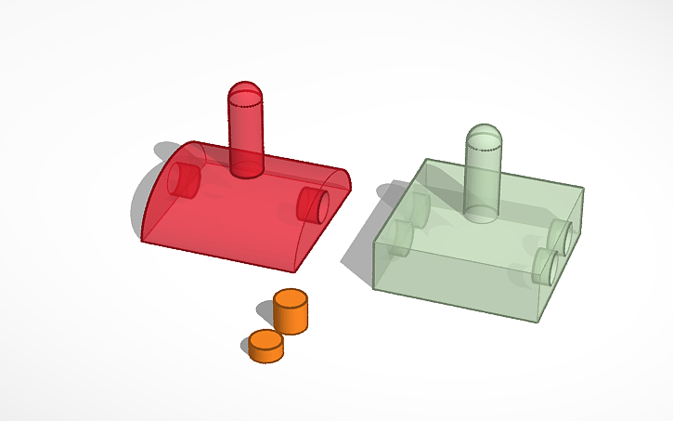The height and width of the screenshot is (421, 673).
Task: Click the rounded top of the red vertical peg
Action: pos(246,91)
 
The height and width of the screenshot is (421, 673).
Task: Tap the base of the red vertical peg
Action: pos(247,168)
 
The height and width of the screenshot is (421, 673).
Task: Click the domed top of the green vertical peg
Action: pos(485,134)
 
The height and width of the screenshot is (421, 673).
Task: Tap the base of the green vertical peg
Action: pos(483,213)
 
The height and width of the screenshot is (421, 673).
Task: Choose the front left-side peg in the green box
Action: pos(400,238)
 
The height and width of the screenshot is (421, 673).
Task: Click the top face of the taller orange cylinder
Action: pos(291,299)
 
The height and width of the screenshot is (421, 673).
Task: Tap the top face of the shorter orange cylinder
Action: pos(265,339)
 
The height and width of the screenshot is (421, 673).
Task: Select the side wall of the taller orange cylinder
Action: pos(291,320)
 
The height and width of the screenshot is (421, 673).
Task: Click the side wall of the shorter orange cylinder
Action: pos(265,353)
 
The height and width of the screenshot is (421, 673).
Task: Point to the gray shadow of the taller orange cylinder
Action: pos(265,311)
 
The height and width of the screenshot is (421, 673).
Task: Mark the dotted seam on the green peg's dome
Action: pos(484,148)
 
